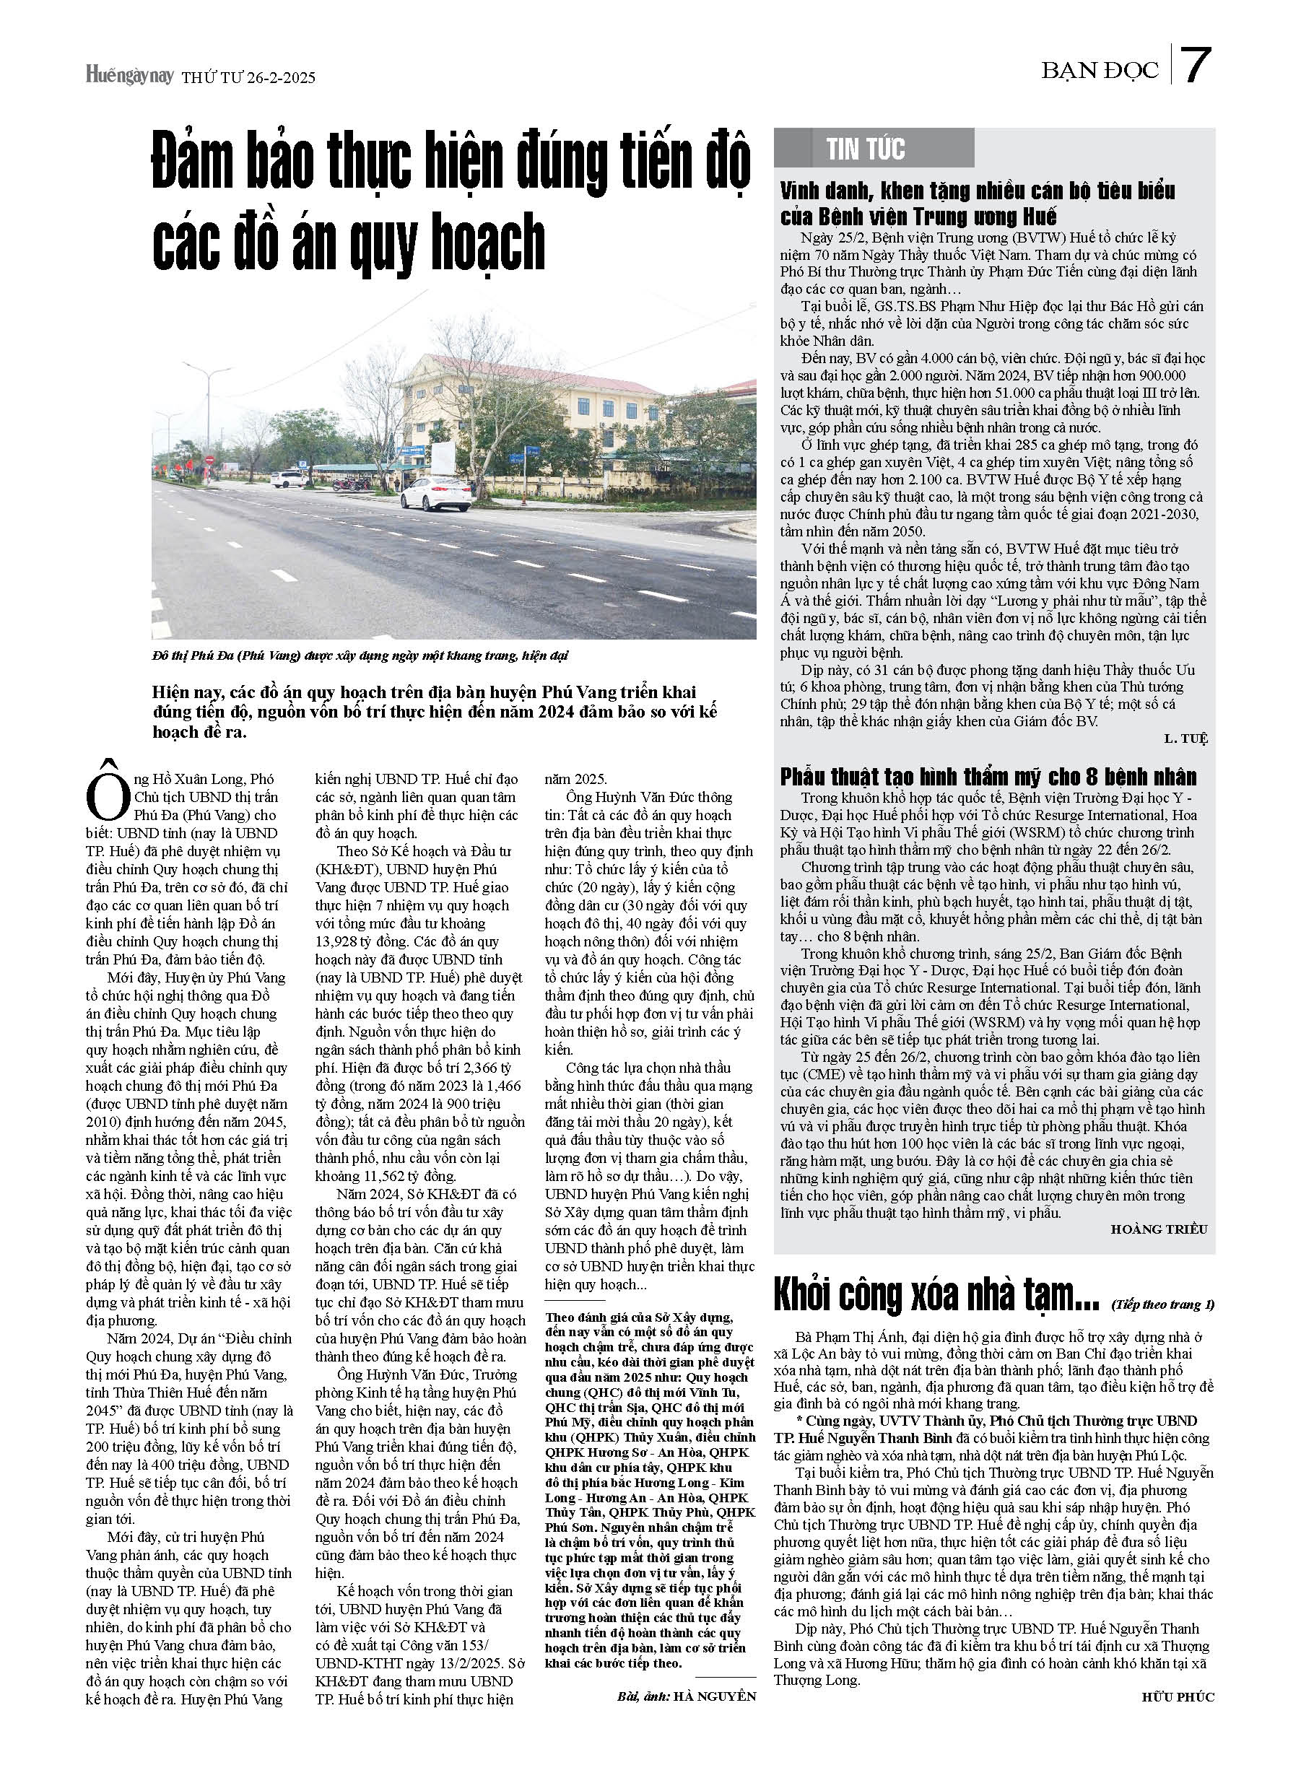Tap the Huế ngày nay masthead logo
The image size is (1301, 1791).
pos(129,76)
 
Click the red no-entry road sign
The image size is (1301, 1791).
pos(209,460)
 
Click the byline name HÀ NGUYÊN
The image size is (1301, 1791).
pos(714,1696)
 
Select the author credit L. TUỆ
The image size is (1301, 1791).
pos(1185,738)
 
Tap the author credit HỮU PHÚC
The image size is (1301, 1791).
pos(1178,1696)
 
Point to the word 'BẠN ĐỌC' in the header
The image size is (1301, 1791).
pos(1100,71)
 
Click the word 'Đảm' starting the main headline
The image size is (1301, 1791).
pos(193,162)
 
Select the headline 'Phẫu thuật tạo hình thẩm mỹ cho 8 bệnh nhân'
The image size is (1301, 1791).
pos(988,776)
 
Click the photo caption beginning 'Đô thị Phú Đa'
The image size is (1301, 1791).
pos(360,655)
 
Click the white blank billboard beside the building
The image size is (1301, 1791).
pos(442,456)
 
